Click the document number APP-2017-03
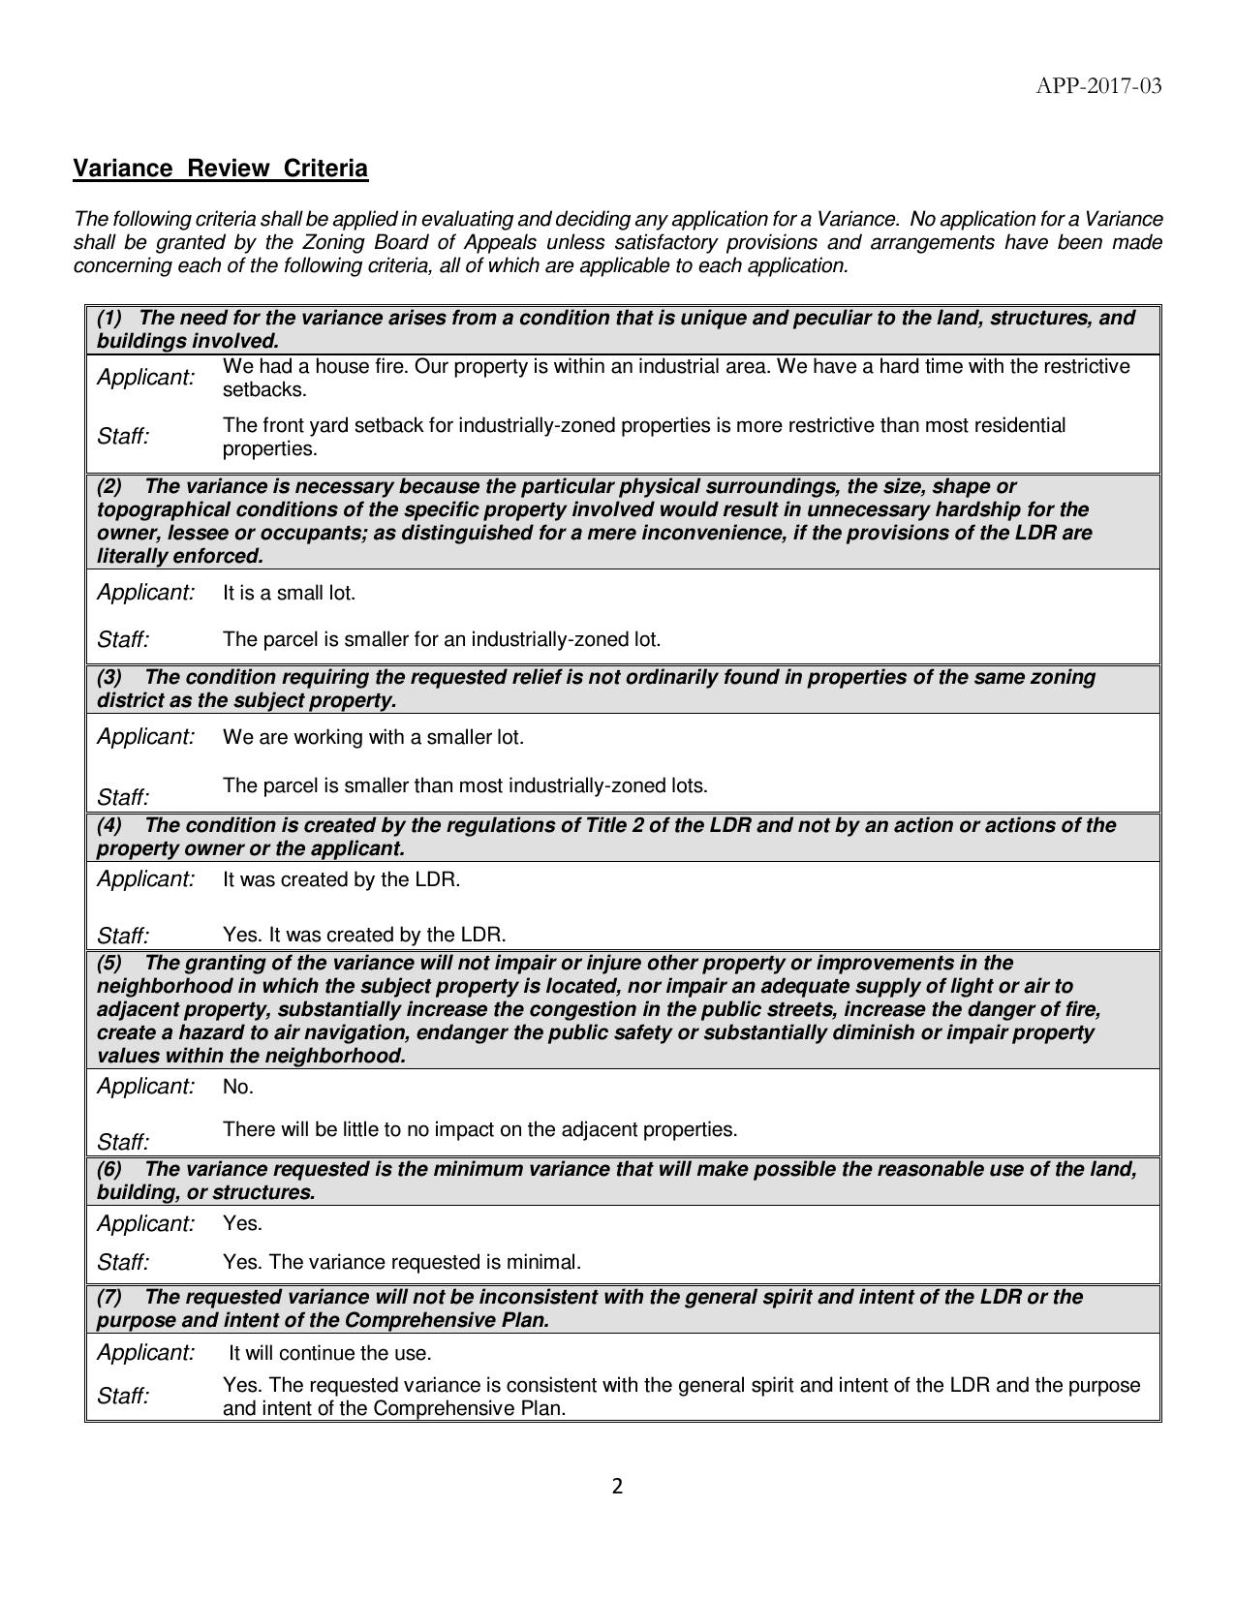click(1098, 86)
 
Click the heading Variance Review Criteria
click(221, 169)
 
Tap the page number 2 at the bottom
click(617, 1487)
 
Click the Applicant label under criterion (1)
click(145, 378)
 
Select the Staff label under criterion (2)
click(123, 640)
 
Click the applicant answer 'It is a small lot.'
click(289, 593)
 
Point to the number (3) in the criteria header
click(109, 677)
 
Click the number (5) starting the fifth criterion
click(109, 963)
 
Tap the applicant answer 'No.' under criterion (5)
click(238, 1087)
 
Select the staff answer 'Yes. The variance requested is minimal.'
click(401, 1262)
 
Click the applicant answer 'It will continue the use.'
click(329, 1353)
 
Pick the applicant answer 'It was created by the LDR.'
click(341, 879)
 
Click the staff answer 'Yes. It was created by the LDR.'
click(364, 935)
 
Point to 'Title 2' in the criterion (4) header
click(617, 825)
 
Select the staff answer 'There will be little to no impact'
click(479, 1129)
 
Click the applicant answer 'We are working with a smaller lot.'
click(373, 737)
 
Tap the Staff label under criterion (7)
click(123, 1397)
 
